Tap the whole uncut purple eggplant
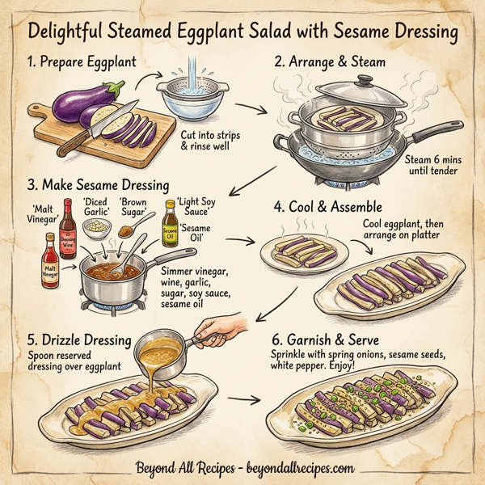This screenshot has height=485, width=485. [82, 104]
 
